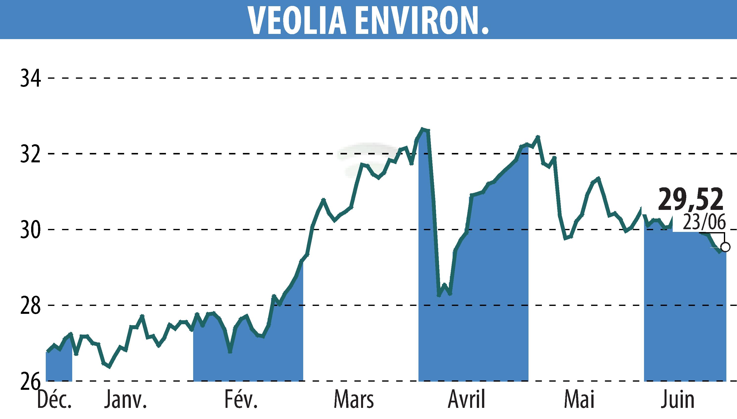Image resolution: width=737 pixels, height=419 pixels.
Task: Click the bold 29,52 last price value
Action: [691, 199]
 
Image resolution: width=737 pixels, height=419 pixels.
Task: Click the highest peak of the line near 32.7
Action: [422, 129]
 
